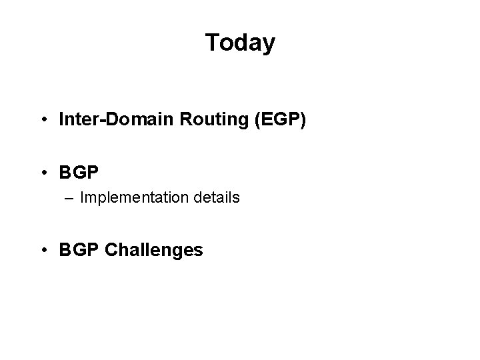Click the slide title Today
pos(240,43)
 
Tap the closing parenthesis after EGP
pos(303,120)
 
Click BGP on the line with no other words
pos(79,173)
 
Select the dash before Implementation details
pos(71,199)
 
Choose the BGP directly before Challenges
pos(79,250)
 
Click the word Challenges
pos(154,250)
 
